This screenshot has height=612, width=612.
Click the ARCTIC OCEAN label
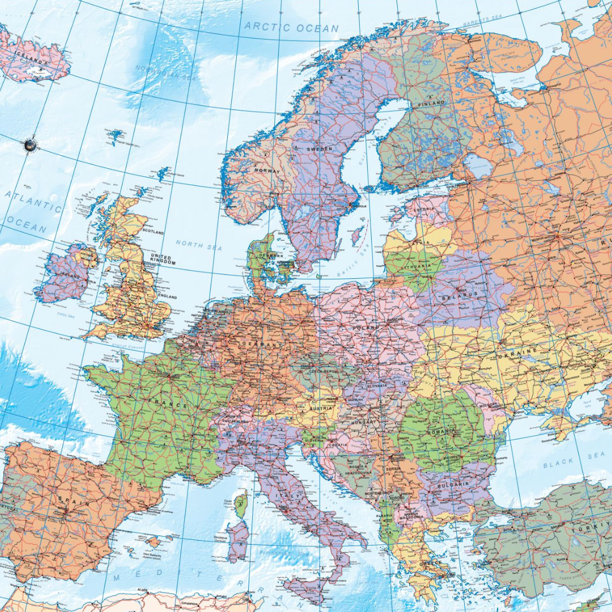291,27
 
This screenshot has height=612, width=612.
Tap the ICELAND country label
33,59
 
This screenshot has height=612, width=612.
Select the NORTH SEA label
198,244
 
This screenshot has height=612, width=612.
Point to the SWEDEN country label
320,148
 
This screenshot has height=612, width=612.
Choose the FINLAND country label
431,104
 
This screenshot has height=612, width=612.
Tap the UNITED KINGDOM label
163,260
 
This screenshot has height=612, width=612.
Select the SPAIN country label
74,502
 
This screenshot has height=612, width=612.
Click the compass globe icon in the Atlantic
30,145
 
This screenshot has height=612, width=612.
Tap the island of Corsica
241,504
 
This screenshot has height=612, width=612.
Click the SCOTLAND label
153,232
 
